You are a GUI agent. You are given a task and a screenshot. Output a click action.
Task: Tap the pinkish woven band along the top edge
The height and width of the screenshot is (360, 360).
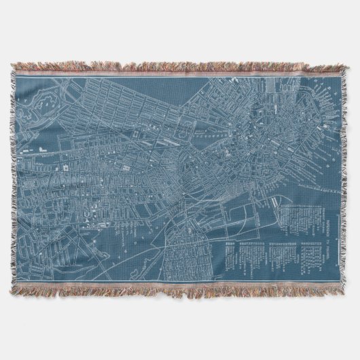tap(180, 73)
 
